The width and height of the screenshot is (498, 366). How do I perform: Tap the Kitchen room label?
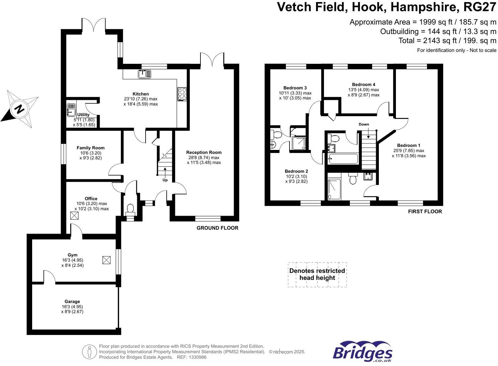[x=141, y=94]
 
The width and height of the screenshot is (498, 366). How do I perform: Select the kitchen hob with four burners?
[x=182, y=94]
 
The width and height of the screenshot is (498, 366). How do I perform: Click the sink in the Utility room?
[x=71, y=110]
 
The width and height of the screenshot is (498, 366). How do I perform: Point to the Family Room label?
[x=90, y=148]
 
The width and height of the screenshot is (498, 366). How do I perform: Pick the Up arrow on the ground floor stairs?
[x=165, y=172]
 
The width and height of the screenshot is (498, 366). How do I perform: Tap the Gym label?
[x=73, y=255]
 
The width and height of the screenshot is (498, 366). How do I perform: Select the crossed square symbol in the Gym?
[x=106, y=260]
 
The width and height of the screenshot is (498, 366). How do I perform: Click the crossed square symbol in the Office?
[x=74, y=216]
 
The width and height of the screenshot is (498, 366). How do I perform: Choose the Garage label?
[x=72, y=302]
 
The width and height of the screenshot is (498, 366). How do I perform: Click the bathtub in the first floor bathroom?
[x=343, y=159]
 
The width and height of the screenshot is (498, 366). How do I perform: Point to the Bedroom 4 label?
[x=363, y=84]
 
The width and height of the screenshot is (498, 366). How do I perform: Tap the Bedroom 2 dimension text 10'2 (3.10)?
[x=296, y=176]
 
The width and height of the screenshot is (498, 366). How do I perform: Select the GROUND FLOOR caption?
[x=217, y=228]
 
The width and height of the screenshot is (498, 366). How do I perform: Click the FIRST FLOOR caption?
[x=425, y=211]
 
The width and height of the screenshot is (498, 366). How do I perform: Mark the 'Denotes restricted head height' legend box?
[x=317, y=274]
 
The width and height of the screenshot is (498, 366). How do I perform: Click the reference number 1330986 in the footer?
[x=197, y=357]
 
